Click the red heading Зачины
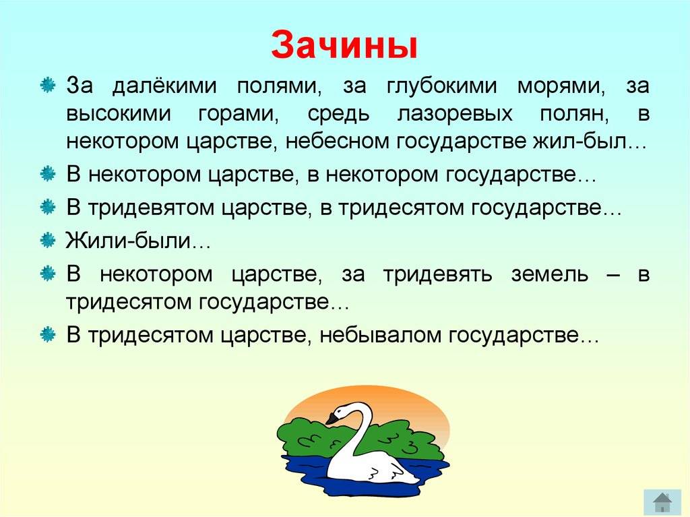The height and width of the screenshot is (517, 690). [344, 45]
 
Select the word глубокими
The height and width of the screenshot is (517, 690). [441, 86]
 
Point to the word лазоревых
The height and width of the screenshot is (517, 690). [455, 114]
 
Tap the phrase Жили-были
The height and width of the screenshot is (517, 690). [128, 241]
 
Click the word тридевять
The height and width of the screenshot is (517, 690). [437, 274]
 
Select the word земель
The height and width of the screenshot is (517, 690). [550, 275]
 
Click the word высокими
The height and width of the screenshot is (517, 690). [119, 114]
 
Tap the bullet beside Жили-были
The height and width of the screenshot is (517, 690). [48, 241]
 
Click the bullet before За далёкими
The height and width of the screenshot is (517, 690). [48, 85]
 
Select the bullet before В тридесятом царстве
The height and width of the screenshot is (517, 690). [48, 335]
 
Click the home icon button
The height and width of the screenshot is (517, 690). [662, 502]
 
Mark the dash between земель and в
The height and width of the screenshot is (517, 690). [613, 275]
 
